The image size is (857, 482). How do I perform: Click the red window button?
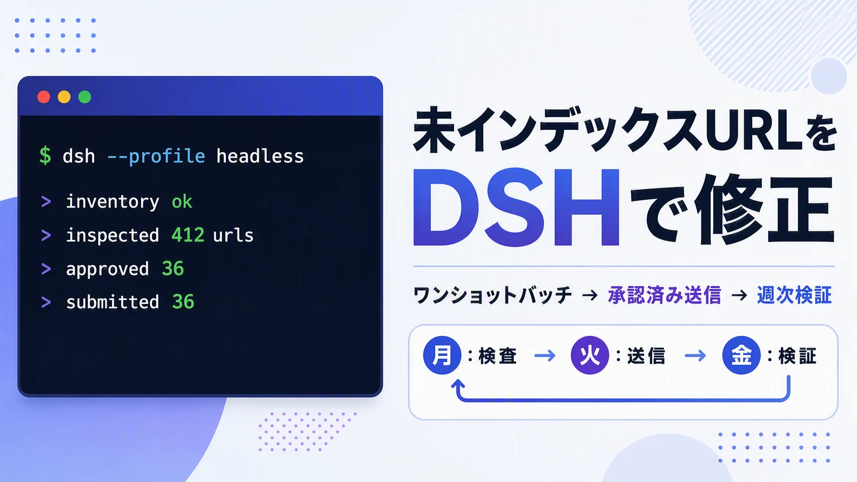(44, 97)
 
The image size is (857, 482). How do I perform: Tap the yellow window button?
(64, 97)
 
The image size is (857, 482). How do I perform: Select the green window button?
(85, 97)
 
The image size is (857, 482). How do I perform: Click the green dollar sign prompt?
(45, 156)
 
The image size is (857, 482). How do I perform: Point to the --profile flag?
(156, 156)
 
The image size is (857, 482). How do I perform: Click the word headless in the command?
(260, 156)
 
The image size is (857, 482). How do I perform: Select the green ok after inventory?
(182, 201)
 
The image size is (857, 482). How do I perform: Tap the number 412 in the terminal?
(188, 235)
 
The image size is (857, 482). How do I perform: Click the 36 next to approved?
(173, 268)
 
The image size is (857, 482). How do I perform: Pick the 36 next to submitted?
(183, 302)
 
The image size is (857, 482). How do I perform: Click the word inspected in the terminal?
(113, 235)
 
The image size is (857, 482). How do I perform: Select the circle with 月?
(442, 355)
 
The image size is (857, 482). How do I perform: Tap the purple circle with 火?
(590, 355)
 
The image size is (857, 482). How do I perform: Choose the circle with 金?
(741, 355)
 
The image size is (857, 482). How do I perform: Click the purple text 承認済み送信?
(665, 295)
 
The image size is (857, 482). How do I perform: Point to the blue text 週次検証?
(795, 295)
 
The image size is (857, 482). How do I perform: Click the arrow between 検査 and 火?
(545, 356)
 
